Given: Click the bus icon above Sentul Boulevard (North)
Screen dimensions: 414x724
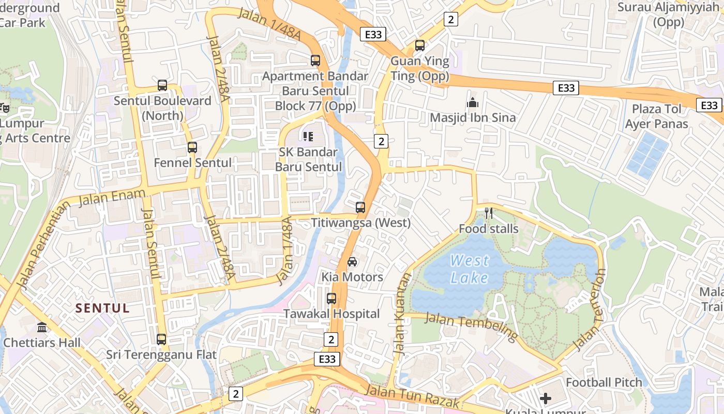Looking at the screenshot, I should pyautogui.click(x=162, y=85).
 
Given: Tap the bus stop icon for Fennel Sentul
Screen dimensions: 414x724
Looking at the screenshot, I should pyautogui.click(x=192, y=147).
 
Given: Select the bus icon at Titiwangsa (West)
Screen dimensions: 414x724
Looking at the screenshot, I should pyautogui.click(x=360, y=208).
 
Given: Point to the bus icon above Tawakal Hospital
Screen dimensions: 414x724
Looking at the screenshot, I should pyautogui.click(x=331, y=299).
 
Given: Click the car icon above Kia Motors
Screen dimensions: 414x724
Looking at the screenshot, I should pyautogui.click(x=352, y=262).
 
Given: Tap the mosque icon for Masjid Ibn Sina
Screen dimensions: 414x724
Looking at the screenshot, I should pyautogui.click(x=472, y=103).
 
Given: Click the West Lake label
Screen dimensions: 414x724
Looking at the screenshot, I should pyautogui.click(x=469, y=269).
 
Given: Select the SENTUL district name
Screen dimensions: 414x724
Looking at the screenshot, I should pyautogui.click(x=102, y=308).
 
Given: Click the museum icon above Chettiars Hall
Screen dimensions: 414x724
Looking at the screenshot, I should pyautogui.click(x=42, y=328).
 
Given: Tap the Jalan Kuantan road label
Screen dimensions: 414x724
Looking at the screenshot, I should pyautogui.click(x=402, y=314).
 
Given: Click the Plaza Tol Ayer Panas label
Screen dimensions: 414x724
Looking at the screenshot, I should pyautogui.click(x=656, y=116).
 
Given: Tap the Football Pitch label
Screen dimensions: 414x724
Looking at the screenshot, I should pyautogui.click(x=604, y=382).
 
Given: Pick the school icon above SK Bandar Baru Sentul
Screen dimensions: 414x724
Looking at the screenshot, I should pyautogui.click(x=308, y=137).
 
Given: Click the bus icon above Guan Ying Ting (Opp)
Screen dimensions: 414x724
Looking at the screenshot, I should pyautogui.click(x=420, y=46).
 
